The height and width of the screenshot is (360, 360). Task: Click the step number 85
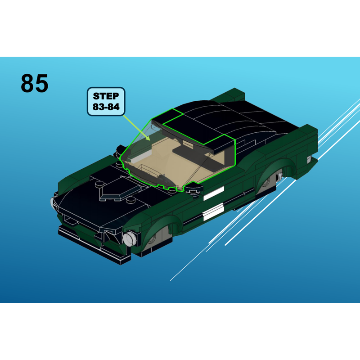pyautogui.click(x=35, y=83)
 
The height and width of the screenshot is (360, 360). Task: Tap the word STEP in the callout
pyautogui.click(x=106, y=96)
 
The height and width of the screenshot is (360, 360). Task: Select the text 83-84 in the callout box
pyautogui.click(x=106, y=107)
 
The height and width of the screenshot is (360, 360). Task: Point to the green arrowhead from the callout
pyautogui.click(x=148, y=138)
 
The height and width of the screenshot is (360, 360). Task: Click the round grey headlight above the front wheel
pyautogui.click(x=130, y=239)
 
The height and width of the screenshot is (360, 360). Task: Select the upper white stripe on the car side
pyautogui.click(x=213, y=193)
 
